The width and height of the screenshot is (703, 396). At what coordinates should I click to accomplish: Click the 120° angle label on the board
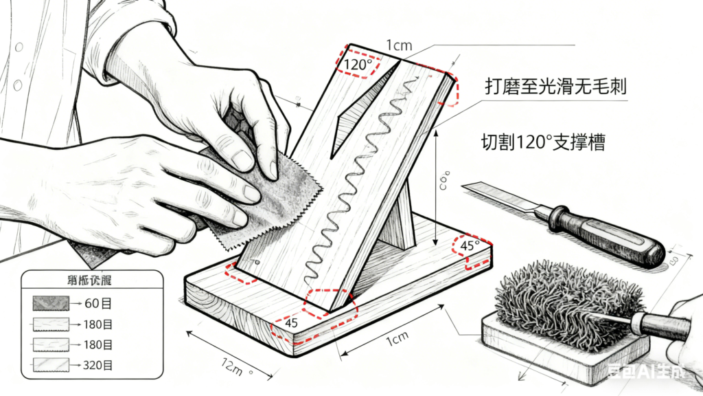pyautogui.click(x=358, y=65)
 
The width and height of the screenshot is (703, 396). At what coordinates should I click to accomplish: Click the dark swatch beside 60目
pyautogui.click(x=51, y=302)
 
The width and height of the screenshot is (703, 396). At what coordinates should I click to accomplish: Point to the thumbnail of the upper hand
pyautogui.click(x=242, y=159)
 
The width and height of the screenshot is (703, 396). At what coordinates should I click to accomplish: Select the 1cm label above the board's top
pyautogui.click(x=399, y=45)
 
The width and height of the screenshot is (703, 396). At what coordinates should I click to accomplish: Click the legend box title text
pyautogui.click(x=91, y=280)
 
